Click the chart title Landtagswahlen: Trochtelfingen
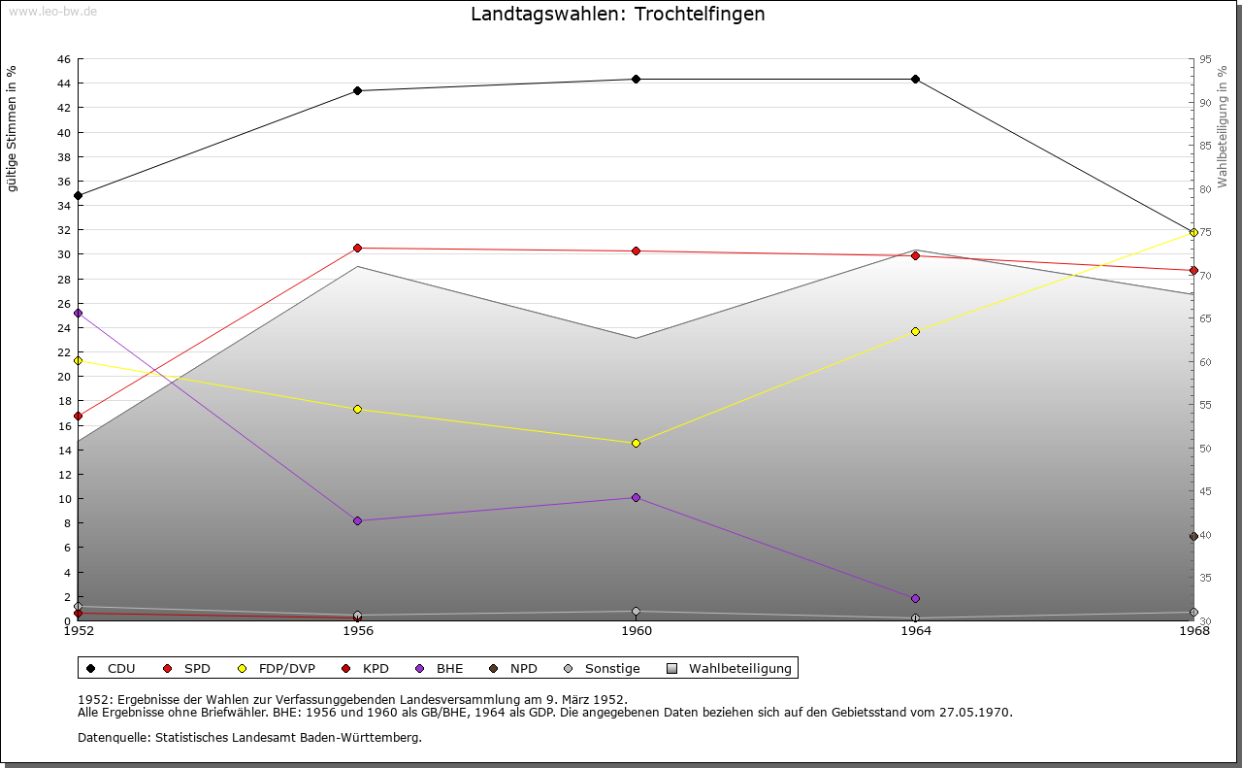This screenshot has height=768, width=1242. click(x=618, y=14)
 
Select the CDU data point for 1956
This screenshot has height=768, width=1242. click(x=358, y=91)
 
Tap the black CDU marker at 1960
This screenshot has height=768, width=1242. click(x=636, y=80)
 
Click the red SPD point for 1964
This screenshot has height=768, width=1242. click(x=915, y=255)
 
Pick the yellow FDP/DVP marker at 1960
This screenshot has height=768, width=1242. click(x=636, y=444)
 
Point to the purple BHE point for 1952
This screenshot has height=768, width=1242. click(x=79, y=314)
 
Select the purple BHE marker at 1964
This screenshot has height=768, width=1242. click(x=915, y=599)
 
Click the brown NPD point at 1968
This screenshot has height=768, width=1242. click(x=1193, y=537)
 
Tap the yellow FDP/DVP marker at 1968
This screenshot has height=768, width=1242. click(x=1193, y=233)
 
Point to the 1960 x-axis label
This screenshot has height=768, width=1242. click(x=637, y=631)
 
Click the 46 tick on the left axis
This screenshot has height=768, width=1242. click(x=64, y=59)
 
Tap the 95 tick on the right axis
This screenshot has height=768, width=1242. click(x=1205, y=59)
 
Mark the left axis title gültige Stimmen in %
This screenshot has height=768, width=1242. click(x=12, y=129)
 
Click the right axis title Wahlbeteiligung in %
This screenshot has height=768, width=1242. click(x=1223, y=127)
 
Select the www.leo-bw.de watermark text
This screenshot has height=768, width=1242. click(x=53, y=11)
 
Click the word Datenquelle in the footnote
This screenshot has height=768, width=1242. click(x=114, y=738)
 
